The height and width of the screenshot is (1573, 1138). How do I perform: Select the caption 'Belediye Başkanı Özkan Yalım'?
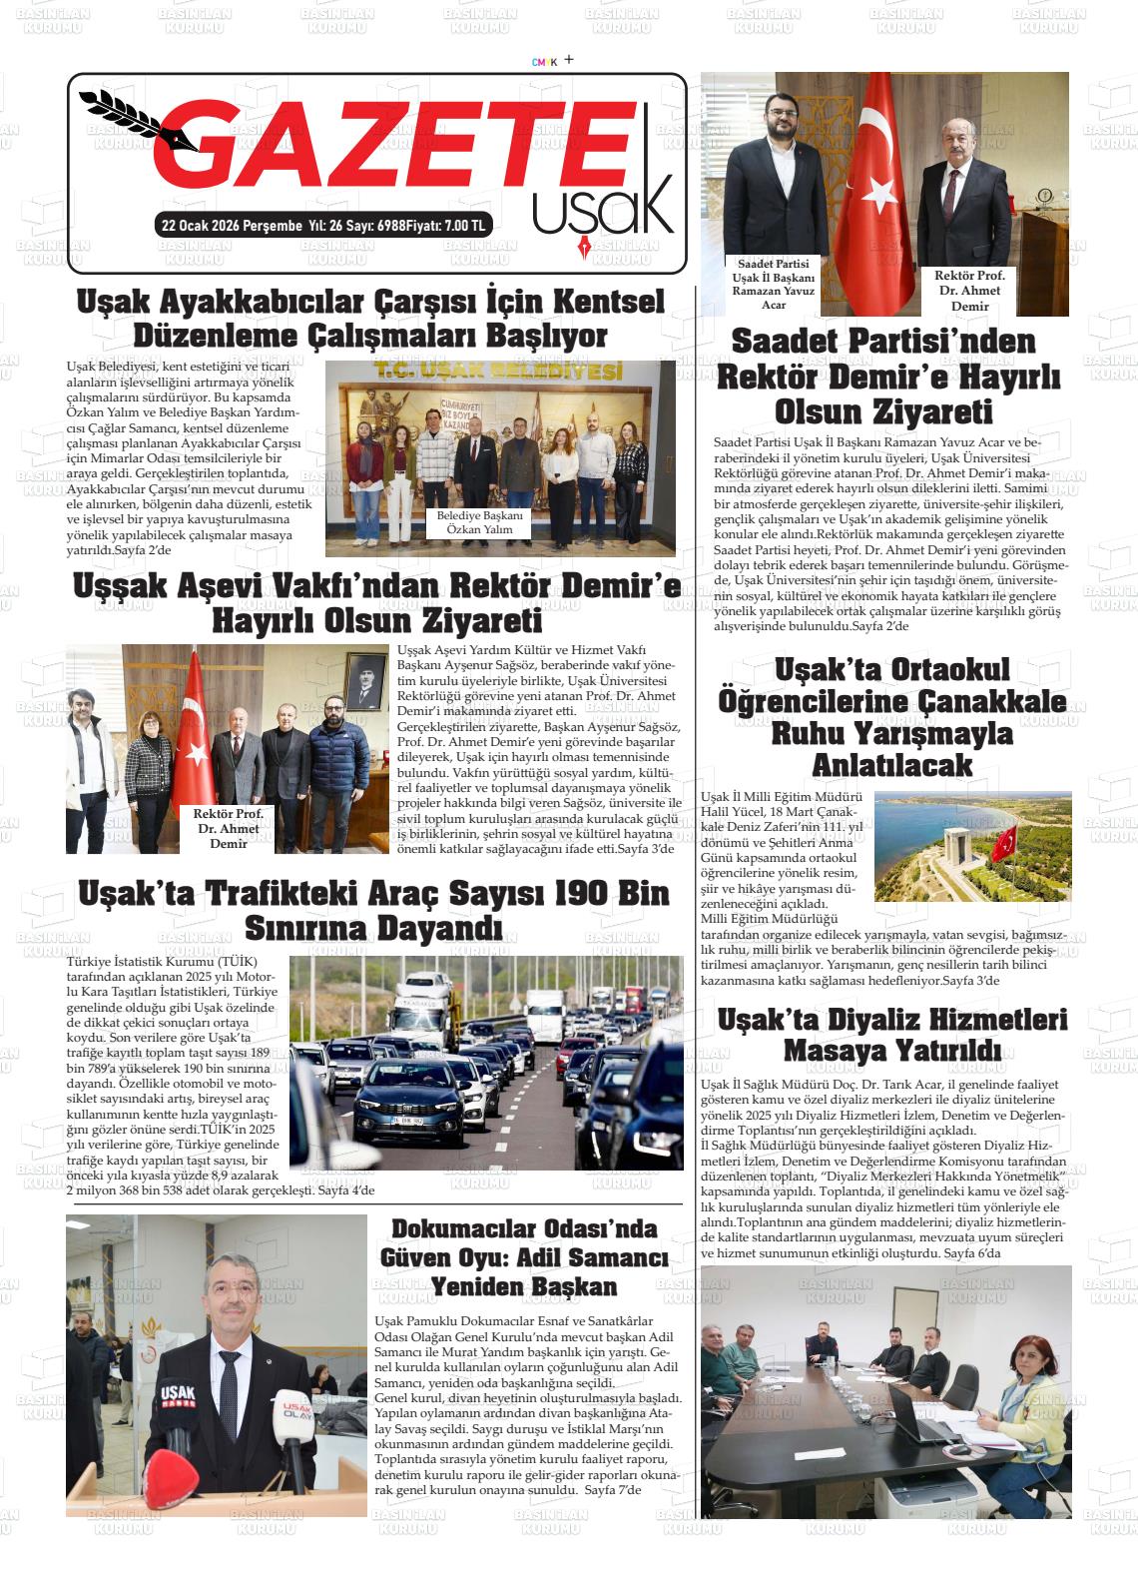click(479, 522)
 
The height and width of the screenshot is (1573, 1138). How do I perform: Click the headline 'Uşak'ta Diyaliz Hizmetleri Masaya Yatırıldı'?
click(891, 1035)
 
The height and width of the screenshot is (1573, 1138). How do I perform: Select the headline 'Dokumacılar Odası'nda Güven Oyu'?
click(524, 1241)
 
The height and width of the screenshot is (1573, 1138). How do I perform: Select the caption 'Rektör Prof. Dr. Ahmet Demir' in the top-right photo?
click(968, 290)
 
